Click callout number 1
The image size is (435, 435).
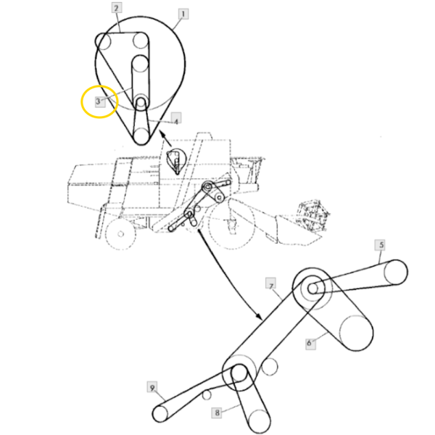point(183,13)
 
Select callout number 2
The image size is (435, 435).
point(116,9)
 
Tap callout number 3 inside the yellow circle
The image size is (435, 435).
point(99,101)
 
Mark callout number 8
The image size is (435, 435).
point(217,413)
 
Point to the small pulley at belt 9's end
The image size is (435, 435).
point(160,414)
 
